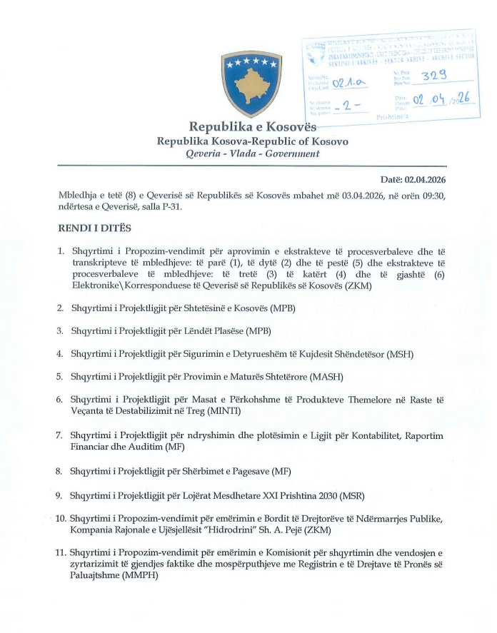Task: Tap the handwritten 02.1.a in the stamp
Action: coord(348,85)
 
